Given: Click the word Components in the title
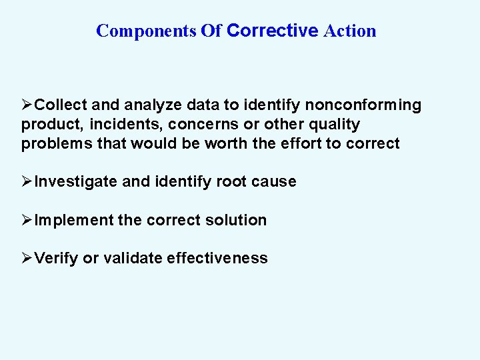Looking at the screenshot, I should point(146,31).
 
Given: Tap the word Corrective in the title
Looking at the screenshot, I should point(273,31).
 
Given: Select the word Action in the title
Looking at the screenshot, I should point(350,31).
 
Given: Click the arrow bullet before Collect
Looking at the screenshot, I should point(27,105).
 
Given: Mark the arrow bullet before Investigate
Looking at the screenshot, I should point(27,182).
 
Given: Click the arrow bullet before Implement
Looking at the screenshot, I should point(27,220).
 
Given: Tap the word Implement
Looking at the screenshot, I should point(74,220).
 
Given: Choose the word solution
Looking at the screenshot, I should point(238,220).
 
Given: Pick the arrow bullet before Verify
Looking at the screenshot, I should point(27,259).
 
